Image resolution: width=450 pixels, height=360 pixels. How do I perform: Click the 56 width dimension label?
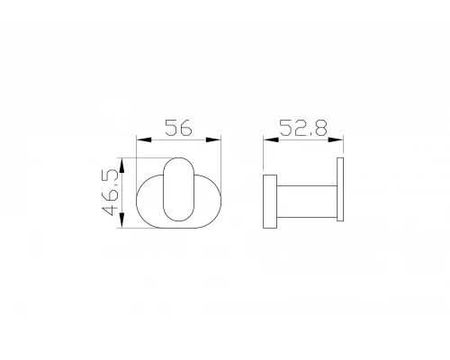click(178, 128)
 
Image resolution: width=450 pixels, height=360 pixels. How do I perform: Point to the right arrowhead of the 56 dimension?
click(217, 139)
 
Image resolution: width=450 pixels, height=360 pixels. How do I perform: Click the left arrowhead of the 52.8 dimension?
click(266, 139)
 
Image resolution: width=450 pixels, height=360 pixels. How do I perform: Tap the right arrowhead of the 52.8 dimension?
click(340, 139)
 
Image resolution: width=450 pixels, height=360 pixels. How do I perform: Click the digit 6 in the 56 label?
click(186, 128)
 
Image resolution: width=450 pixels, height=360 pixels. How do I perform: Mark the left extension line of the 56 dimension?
click(136, 148)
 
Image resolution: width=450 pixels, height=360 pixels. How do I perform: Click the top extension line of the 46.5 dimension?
click(144, 157)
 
